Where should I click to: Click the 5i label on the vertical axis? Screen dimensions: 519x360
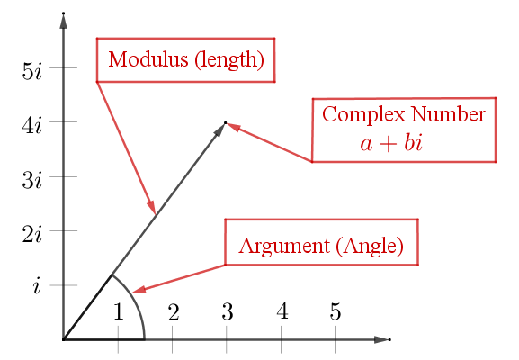[x=32, y=71]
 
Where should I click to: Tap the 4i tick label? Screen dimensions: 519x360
[x=32, y=125]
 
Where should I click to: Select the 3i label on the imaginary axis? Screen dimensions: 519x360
[x=32, y=180]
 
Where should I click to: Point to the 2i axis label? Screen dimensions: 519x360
[x=32, y=235]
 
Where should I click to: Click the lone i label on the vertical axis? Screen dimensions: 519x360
[x=36, y=285]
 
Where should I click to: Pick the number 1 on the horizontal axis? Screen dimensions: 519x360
[x=119, y=311]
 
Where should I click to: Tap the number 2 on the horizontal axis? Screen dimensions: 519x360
[x=174, y=311]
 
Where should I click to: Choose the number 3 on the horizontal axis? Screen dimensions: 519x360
[x=228, y=311]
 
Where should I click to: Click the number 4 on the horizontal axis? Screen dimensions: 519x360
[x=282, y=311]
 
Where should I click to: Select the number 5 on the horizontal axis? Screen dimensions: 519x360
[x=336, y=311]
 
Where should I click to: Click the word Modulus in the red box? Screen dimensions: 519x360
[x=148, y=59]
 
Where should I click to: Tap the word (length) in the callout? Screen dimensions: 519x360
[x=229, y=60]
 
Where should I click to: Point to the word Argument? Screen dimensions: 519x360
[x=284, y=247]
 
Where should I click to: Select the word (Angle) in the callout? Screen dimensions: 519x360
[x=370, y=246]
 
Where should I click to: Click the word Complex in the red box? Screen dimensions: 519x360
[x=363, y=115]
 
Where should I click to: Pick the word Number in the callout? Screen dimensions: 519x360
[x=449, y=114]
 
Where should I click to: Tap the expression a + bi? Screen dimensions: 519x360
[x=391, y=143]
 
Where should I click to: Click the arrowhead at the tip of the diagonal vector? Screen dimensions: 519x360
[x=219, y=130]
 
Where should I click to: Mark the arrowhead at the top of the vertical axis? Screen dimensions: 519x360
[x=63, y=21]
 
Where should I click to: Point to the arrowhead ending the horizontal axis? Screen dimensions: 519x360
[x=382, y=339]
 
